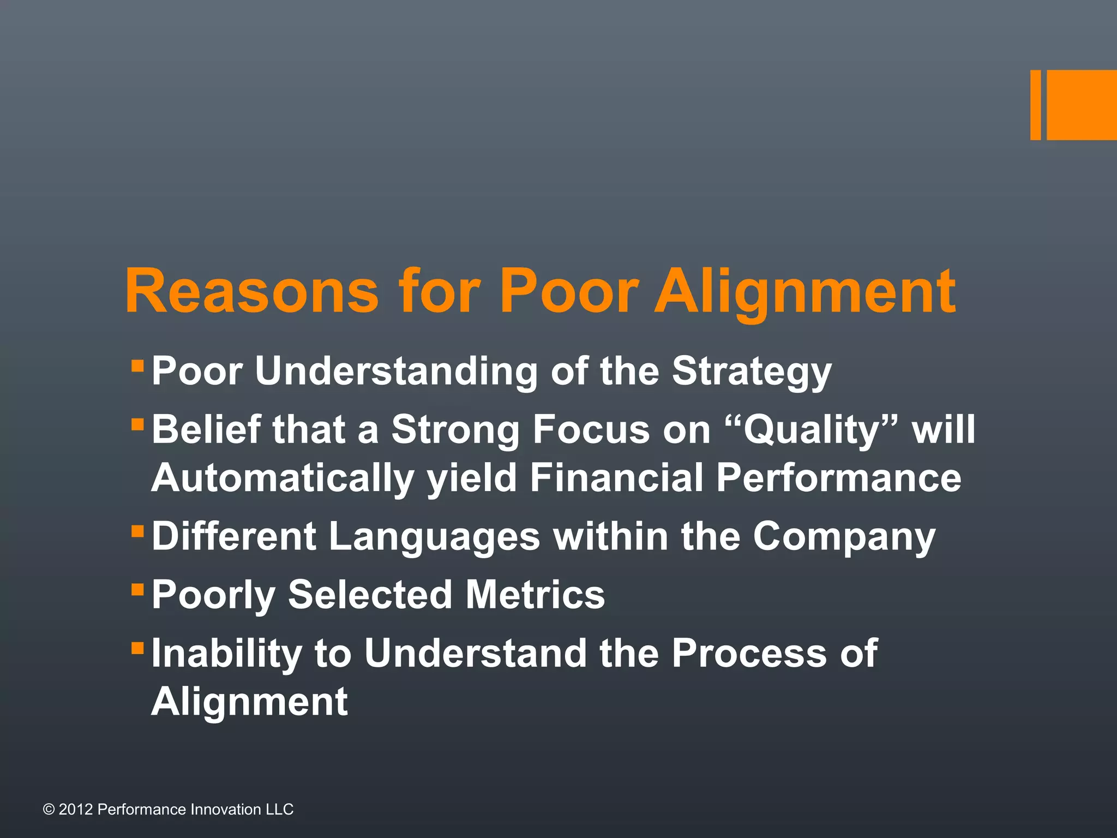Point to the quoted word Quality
(x=813, y=430)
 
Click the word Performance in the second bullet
(x=838, y=477)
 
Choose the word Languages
(x=434, y=537)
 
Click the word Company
(x=844, y=537)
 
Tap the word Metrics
(x=535, y=594)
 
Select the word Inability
(x=226, y=653)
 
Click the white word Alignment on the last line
(x=249, y=702)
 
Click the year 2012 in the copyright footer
(x=75, y=809)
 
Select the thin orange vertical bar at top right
(x=1035, y=105)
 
